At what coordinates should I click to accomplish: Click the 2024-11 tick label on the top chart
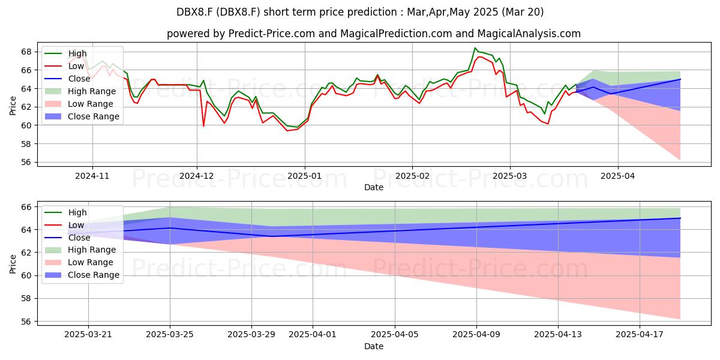92,176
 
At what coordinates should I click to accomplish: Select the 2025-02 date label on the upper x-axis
412,176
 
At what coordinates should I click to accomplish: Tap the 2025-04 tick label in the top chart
618,176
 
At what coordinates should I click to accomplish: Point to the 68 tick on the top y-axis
26,52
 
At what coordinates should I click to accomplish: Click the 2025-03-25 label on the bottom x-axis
170,335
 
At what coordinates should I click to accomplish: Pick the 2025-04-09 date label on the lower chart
476,335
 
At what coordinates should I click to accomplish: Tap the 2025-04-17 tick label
640,335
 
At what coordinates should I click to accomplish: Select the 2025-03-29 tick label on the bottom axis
251,335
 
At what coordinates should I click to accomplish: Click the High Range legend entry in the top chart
80,91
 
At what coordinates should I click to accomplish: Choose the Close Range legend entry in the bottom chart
82,275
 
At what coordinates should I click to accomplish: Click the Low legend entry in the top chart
64,66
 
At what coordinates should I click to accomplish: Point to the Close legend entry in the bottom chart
67,238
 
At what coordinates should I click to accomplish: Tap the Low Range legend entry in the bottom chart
79,262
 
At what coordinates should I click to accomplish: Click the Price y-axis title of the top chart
13,106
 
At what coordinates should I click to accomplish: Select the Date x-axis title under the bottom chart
374,346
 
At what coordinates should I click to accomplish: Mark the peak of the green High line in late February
475,48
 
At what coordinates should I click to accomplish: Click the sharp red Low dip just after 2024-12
203,126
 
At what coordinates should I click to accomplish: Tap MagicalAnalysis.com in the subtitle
529,34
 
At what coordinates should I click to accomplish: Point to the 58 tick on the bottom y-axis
26,299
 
